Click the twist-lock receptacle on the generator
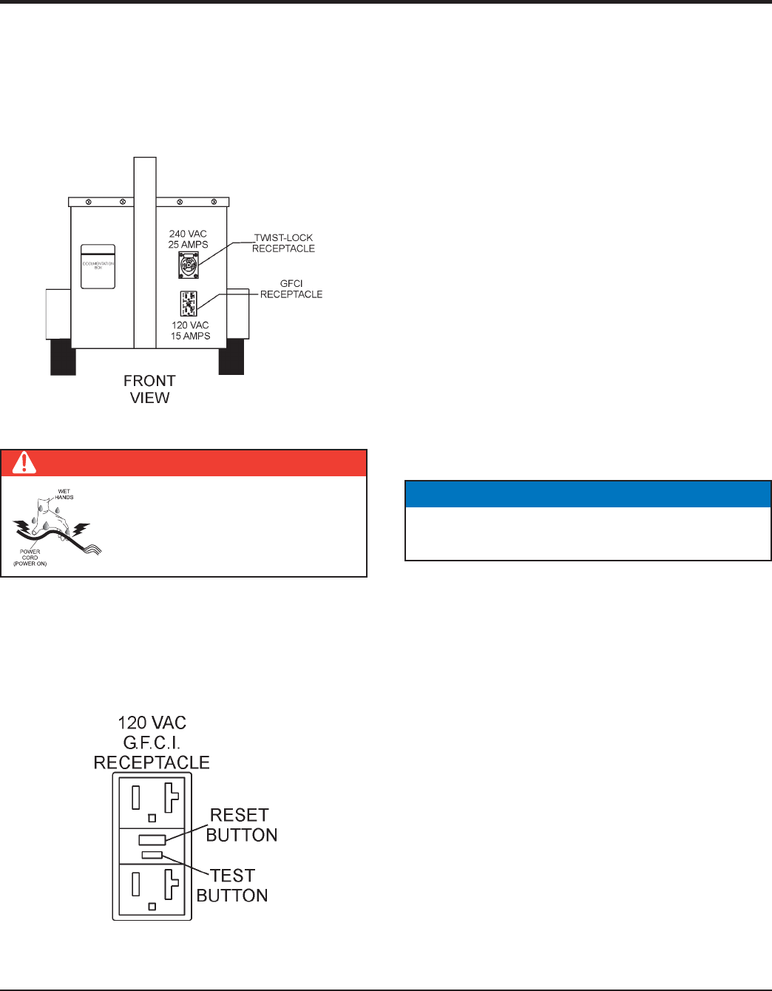click(189, 265)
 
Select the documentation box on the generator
click(98, 266)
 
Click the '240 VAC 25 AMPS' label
click(188, 239)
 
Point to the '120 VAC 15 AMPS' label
click(190, 331)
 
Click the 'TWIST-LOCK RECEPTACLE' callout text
click(283, 243)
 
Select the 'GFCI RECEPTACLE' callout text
click(291, 288)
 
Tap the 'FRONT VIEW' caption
click(149, 389)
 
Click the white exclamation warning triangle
click(25, 463)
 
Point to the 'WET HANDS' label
click(64, 494)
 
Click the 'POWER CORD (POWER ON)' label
click(30, 558)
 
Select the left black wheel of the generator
click(63, 356)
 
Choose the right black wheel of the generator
click(231, 356)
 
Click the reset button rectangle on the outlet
click(152, 840)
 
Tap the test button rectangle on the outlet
click(152, 855)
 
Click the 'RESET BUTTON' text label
click(241, 825)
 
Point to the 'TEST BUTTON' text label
click(232, 885)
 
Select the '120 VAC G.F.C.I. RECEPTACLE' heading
click(152, 743)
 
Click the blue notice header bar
click(588, 494)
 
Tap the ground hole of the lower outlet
click(152, 906)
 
